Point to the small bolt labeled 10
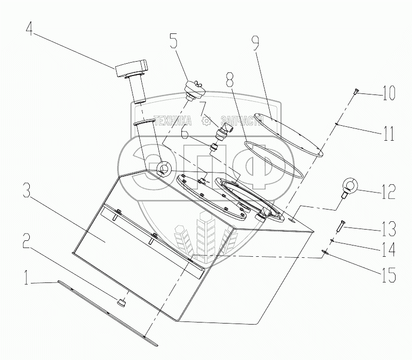pos(355,92)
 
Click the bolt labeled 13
pos(340,225)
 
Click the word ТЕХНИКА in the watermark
pos(173,120)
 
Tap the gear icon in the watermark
pos(207,120)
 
